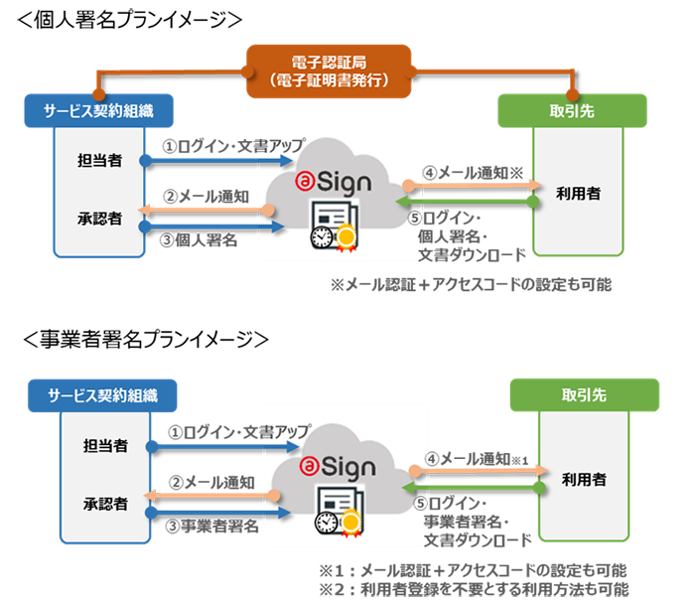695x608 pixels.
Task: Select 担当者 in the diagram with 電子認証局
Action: click(x=99, y=160)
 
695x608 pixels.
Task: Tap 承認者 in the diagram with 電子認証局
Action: click(x=99, y=217)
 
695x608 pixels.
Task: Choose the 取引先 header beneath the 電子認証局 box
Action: click(x=579, y=110)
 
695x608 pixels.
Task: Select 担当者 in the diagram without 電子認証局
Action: click(x=99, y=445)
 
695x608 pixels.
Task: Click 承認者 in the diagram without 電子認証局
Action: click(x=99, y=503)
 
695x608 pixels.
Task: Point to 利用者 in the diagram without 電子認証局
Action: click(x=583, y=480)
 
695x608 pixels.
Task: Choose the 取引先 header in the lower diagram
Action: click(x=584, y=394)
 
